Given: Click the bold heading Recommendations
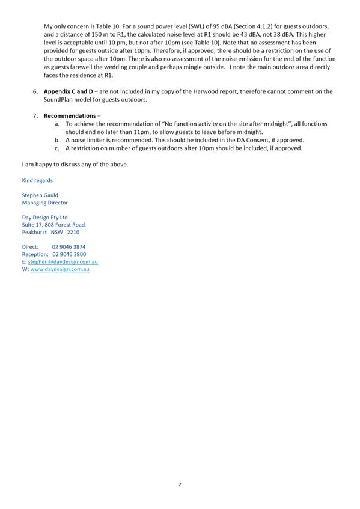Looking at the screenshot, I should point(70,115).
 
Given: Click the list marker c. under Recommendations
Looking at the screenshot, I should point(56,148).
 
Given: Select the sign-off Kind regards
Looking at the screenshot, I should point(37,180).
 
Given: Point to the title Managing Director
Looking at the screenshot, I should point(45,203).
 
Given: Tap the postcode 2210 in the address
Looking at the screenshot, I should point(73,232).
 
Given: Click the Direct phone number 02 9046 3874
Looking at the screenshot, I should point(69,247).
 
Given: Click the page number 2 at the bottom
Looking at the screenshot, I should point(180,484).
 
